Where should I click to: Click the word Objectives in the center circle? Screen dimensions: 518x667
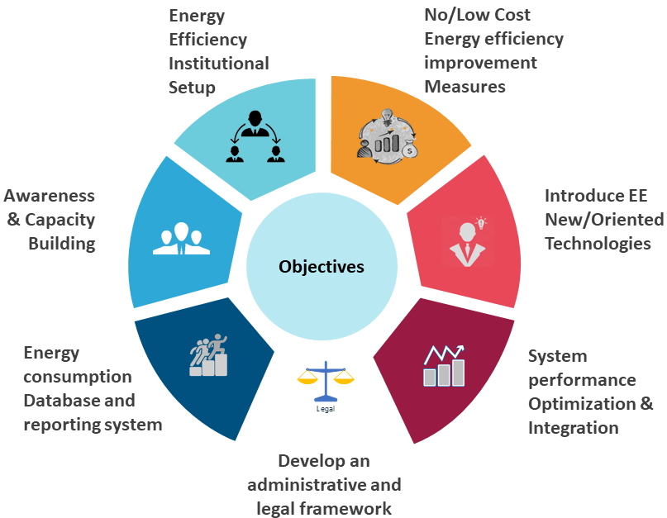click(x=322, y=267)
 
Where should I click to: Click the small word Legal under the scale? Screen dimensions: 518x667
click(x=326, y=408)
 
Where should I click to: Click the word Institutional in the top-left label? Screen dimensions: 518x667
click(x=219, y=63)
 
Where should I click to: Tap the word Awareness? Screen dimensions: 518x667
click(x=50, y=196)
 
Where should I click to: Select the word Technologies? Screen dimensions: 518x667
click(x=598, y=243)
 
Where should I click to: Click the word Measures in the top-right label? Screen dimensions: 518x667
click(x=465, y=86)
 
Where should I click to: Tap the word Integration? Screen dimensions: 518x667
click(x=574, y=428)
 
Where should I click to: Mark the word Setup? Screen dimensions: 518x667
click(x=192, y=87)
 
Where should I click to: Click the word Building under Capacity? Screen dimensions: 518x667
click(x=62, y=244)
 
